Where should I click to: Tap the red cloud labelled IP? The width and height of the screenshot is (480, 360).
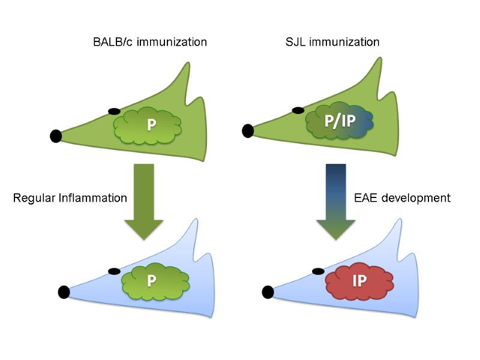(359, 281)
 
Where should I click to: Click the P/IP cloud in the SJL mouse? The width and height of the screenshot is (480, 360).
(340, 121)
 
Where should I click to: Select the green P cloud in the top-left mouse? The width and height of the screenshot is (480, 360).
(148, 124)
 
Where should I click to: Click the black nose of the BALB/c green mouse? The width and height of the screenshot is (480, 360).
(56, 136)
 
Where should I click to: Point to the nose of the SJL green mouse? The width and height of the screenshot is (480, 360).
(248, 129)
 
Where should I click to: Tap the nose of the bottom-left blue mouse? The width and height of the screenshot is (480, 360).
(64, 292)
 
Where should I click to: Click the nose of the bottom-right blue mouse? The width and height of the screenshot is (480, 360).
(268, 292)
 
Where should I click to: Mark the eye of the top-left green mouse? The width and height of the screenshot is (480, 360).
(113, 112)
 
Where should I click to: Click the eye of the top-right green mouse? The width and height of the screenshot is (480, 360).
(298, 110)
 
